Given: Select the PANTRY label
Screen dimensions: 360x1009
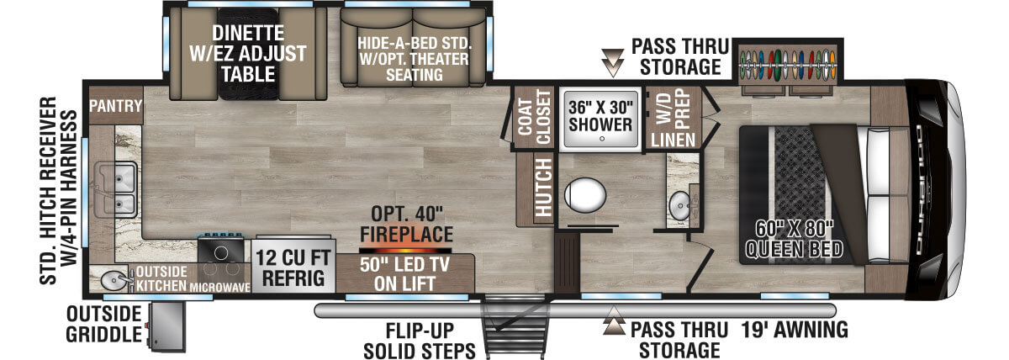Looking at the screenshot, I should (115, 107).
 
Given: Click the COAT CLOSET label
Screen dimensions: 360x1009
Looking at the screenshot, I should (533, 117).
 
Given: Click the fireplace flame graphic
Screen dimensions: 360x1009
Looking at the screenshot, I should (405, 250).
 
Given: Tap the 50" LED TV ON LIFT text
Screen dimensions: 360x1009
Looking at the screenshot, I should (406, 275).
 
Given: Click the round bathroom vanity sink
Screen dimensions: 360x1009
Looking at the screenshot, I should (679, 204).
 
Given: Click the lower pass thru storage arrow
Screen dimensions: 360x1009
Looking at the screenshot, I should (615, 325).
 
